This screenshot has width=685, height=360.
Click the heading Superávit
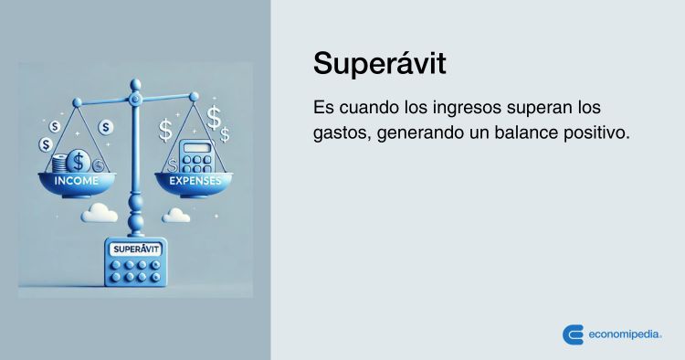(x=380, y=64)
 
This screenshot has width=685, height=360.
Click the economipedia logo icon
(x=573, y=334)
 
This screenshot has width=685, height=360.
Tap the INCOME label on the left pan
(x=78, y=183)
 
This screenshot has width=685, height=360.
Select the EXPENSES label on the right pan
(x=195, y=183)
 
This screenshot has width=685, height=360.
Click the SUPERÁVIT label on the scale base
(x=135, y=249)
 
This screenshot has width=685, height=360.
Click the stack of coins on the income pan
(x=61, y=164)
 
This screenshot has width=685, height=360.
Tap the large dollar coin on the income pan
(x=79, y=163)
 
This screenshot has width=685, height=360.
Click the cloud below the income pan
(x=100, y=214)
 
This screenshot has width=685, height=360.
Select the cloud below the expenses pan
(x=175, y=215)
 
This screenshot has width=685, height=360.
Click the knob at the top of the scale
(x=136, y=94)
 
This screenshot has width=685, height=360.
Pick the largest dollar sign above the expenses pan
(x=216, y=117)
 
